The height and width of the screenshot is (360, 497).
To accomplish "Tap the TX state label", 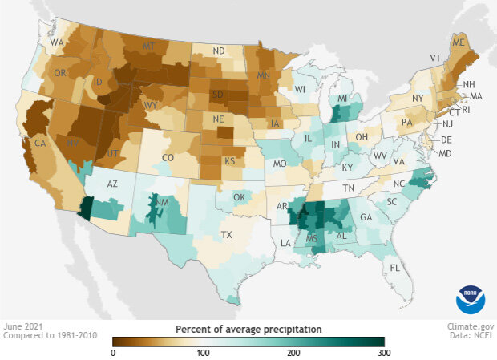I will [x=226, y=236].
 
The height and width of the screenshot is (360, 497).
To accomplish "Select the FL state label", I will [x=394, y=267].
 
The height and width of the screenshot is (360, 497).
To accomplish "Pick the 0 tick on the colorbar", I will [x=113, y=353].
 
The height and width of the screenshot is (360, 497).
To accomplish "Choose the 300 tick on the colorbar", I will [x=384, y=353].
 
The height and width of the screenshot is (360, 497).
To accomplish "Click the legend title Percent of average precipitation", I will [x=248, y=329].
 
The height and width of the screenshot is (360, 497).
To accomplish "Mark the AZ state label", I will [x=112, y=184].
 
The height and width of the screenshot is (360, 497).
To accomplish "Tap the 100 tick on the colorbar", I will [x=204, y=353].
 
